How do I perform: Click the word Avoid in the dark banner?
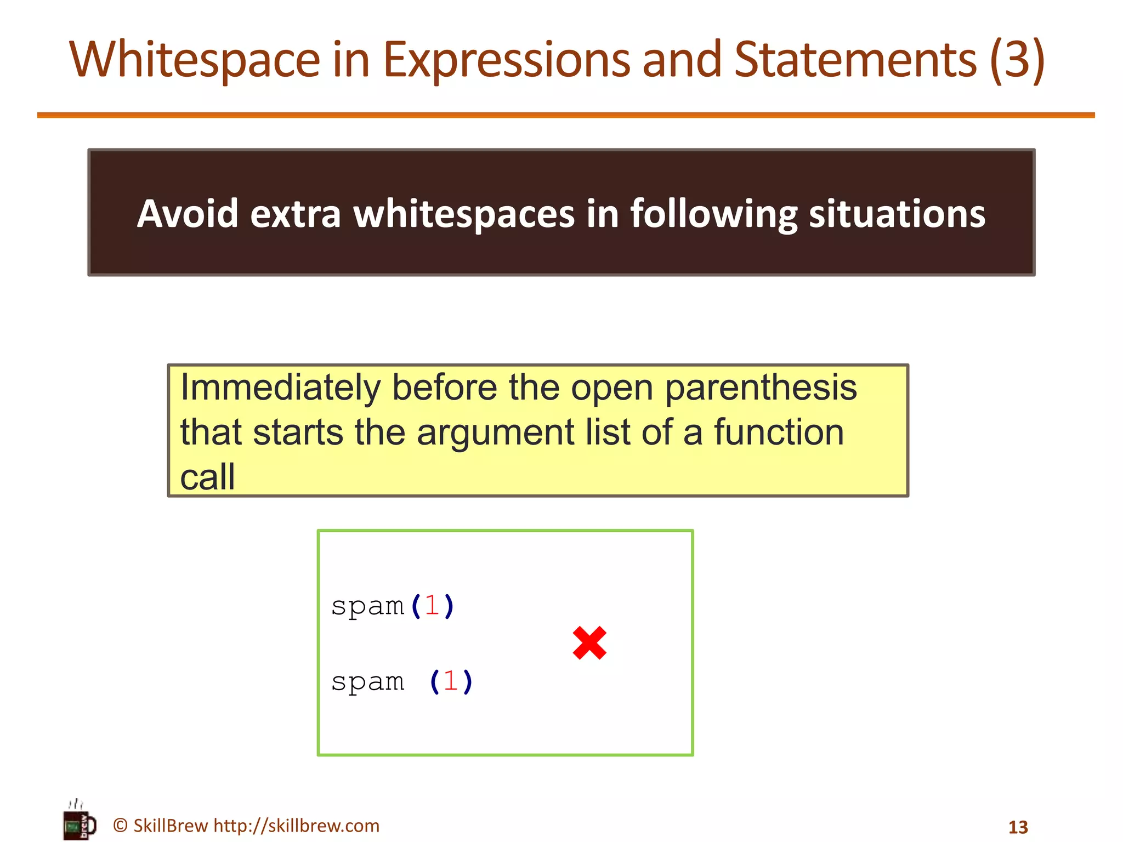[x=188, y=213]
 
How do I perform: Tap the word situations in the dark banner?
[x=897, y=213]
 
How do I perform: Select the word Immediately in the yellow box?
[x=280, y=387]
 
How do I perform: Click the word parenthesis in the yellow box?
[x=761, y=387]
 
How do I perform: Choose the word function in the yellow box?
[x=779, y=432]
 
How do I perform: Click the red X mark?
[x=589, y=642]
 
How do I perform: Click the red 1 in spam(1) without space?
[x=432, y=606]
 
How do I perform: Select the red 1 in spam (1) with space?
[x=451, y=681]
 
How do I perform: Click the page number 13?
[x=1018, y=827]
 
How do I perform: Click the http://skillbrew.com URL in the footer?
[x=296, y=826]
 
